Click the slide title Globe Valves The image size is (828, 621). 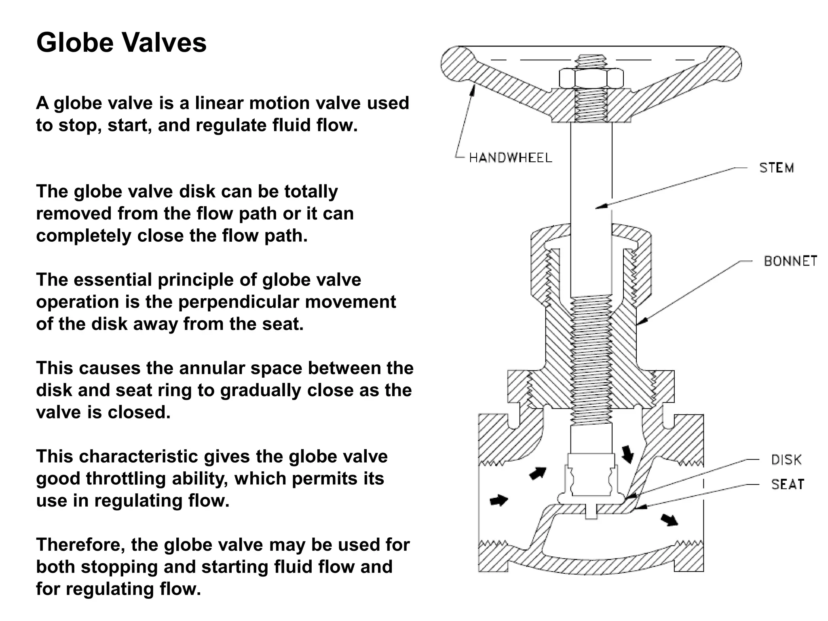121,42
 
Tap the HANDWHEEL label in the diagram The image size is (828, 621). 510,158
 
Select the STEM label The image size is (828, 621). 776,168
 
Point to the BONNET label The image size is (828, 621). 790,261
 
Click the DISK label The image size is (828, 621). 786,460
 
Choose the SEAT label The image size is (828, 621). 788,484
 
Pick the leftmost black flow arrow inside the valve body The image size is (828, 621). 499,501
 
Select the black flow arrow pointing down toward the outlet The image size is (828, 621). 669,520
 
